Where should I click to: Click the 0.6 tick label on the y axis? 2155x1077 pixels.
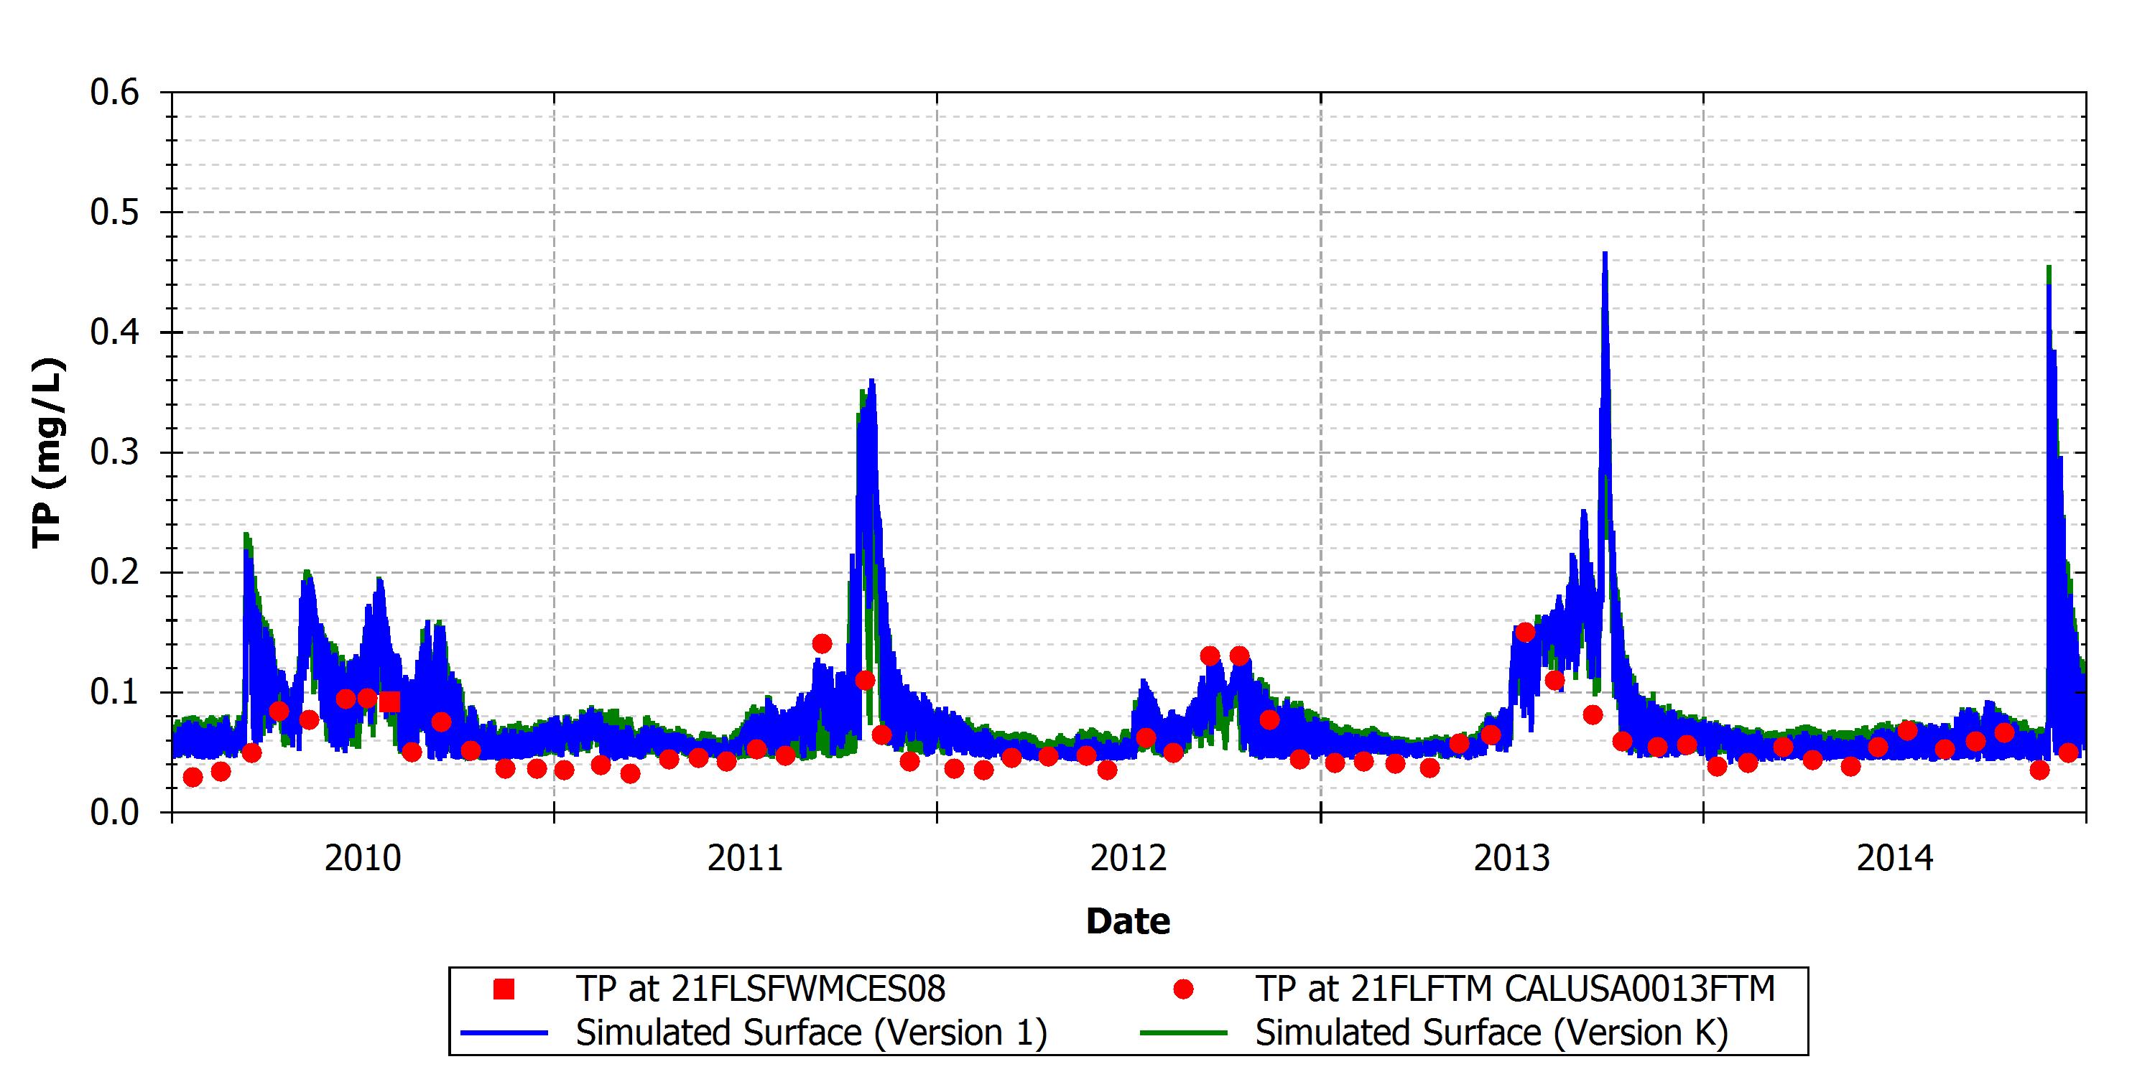pos(115,92)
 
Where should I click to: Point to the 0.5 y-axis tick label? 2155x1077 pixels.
pos(115,213)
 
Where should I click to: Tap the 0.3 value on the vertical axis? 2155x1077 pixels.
pos(115,452)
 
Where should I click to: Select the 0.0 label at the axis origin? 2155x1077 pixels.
pos(115,812)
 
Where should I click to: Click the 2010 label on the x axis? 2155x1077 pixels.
pos(363,859)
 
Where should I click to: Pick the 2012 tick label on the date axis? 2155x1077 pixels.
pos(1129,859)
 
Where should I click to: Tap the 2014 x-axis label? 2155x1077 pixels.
pos(1896,859)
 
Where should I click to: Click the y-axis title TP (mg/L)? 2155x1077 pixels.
pos(47,452)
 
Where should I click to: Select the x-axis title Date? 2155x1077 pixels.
pos(1128,920)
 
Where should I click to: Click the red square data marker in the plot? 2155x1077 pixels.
pos(390,701)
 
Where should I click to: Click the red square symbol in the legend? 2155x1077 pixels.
pos(504,989)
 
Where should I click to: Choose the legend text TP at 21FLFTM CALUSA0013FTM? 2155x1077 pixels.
pos(1515,989)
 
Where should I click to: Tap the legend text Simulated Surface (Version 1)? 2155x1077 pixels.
pos(812,1032)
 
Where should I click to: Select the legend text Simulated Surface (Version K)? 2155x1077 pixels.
pos(1491,1032)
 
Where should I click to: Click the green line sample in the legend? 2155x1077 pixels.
pos(1184,1033)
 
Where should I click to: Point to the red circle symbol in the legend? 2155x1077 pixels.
pos(1183,990)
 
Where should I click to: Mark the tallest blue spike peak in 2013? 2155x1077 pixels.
pos(1605,253)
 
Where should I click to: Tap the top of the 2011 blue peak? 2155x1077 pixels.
pos(872,380)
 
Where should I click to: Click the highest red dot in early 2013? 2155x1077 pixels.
pos(1525,632)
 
